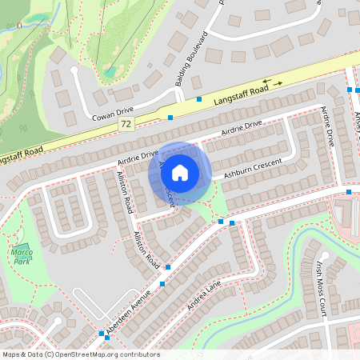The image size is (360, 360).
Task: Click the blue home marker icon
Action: (180, 172)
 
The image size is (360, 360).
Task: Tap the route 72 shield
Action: (126, 125)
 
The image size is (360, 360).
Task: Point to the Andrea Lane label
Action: (203, 296)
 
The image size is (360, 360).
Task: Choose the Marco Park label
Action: (22, 257)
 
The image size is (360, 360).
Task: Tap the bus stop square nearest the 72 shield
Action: (170, 118)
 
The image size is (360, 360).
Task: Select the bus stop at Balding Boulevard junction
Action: (198, 99)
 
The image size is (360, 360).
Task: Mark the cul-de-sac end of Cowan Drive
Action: (74, 70)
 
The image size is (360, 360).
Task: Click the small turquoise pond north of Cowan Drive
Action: (109, 71)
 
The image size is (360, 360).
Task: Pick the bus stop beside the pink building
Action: (349, 192)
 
